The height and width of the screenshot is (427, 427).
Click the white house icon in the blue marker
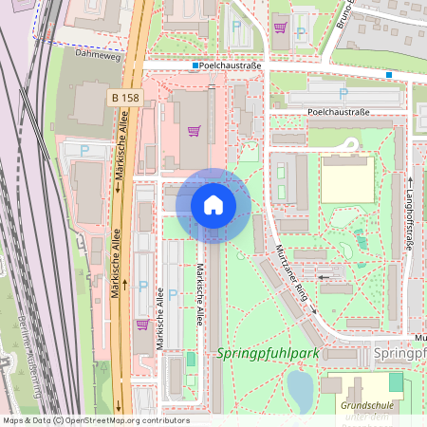point(213,204)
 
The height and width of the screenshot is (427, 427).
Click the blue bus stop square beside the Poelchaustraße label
point(195,66)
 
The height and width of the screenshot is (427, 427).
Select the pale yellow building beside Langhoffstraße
point(346,177)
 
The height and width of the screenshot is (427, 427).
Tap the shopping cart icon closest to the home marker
point(195,131)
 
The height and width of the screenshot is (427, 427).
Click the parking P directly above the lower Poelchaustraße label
point(343,94)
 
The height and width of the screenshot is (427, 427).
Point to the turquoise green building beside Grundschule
point(396,381)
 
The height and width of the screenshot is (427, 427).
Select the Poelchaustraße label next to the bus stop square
point(231,66)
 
